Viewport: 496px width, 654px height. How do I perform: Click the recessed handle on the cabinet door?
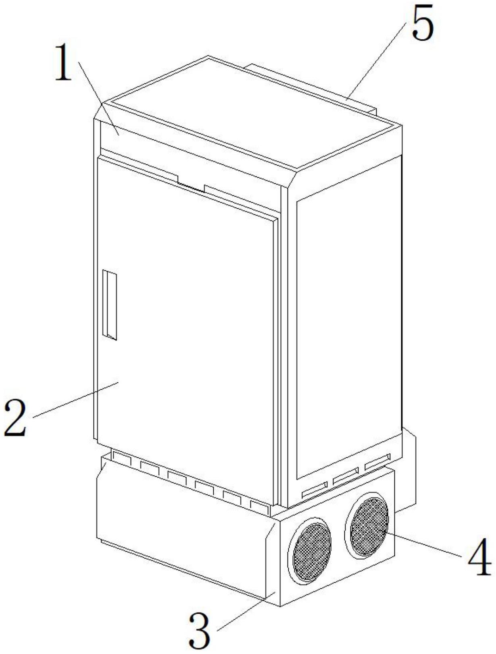coord(109,304)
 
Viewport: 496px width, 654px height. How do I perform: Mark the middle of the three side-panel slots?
coord(346,475)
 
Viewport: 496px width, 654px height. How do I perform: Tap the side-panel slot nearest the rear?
coord(377,461)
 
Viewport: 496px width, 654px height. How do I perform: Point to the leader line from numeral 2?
coord(75,400)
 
